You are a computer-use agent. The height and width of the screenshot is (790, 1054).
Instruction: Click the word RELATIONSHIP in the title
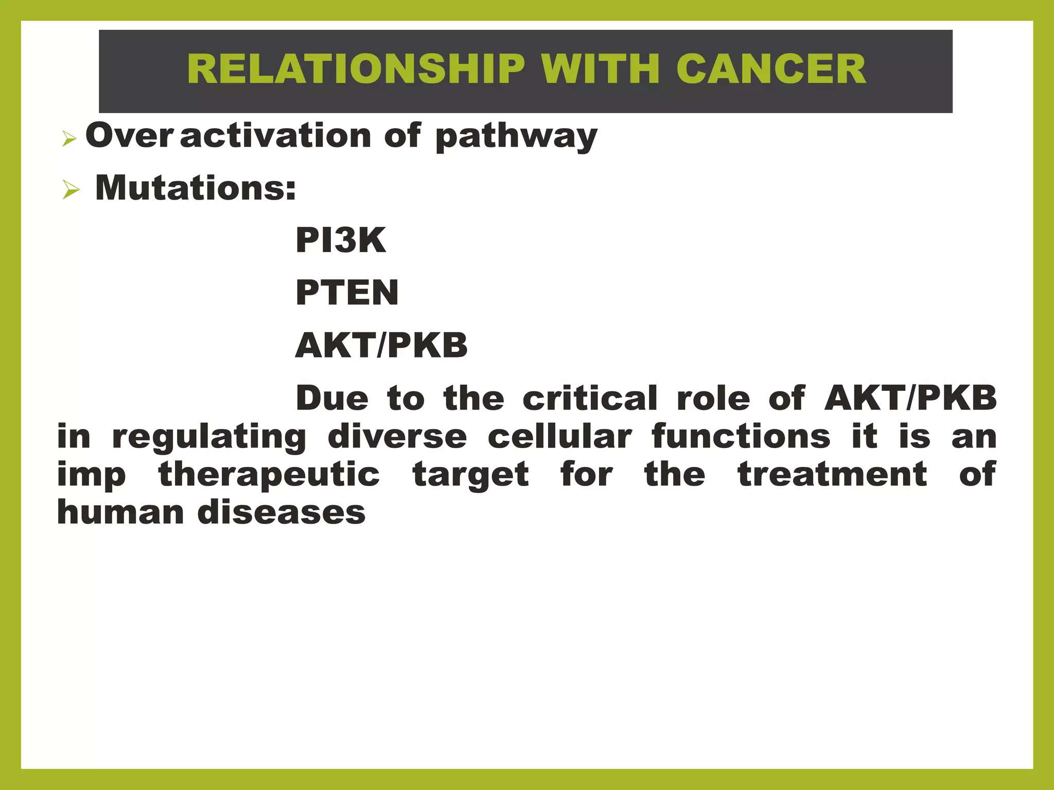[356, 69]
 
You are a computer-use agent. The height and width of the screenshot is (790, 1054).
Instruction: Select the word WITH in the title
[600, 69]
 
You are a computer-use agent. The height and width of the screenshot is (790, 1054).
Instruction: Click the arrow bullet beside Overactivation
[69, 138]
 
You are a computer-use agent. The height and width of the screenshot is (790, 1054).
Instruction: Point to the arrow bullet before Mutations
[71, 190]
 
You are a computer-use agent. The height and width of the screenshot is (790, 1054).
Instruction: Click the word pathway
[516, 137]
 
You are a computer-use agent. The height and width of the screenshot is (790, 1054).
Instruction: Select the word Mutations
[196, 188]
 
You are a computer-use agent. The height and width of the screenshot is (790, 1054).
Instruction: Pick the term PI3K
[341, 240]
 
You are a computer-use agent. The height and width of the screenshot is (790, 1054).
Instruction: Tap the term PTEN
[347, 293]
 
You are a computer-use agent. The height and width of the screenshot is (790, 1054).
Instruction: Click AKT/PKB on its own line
[381, 345]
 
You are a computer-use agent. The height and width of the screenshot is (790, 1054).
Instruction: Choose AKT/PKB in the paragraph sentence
[910, 398]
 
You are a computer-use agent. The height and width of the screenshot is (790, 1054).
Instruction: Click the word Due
[332, 398]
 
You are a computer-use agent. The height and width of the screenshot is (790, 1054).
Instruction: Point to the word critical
[590, 398]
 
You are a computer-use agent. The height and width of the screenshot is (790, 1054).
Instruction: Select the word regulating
[209, 438]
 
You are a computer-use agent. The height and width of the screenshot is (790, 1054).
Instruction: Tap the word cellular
[559, 437]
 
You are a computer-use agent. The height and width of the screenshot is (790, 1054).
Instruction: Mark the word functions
[741, 437]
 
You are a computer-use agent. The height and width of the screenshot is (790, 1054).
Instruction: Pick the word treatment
[832, 474]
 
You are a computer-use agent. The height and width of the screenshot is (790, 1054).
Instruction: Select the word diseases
[282, 513]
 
